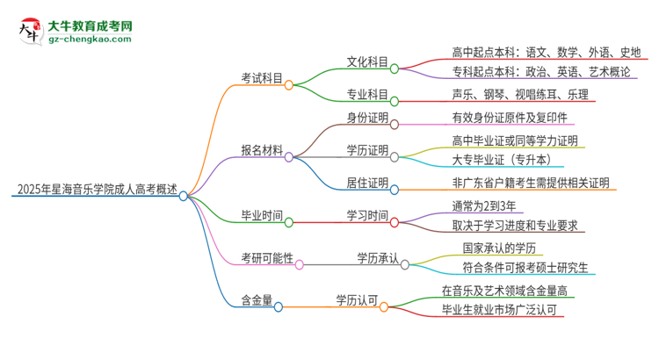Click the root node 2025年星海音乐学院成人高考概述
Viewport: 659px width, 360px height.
tap(95, 190)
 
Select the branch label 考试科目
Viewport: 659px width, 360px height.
tap(262, 78)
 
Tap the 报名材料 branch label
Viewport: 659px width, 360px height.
tap(262, 150)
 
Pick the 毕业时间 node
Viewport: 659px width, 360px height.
tap(262, 215)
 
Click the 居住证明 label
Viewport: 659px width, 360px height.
tap(367, 183)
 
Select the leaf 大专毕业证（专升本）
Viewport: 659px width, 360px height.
tap(502, 161)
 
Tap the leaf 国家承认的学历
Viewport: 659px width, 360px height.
tap(498, 248)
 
